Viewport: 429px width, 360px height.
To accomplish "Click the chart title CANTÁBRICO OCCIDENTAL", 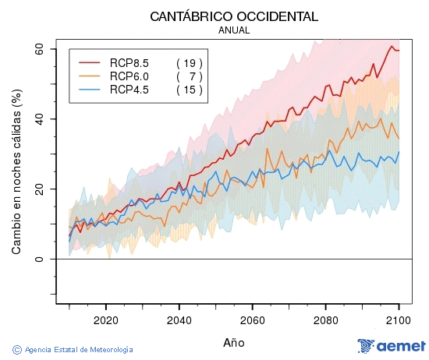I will click(234, 16).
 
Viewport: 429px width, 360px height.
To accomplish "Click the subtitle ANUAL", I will click(234, 30).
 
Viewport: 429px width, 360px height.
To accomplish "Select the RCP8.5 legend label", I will click(129, 62).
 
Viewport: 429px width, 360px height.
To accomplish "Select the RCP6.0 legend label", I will click(129, 76).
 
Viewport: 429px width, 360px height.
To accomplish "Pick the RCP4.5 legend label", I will click(129, 90).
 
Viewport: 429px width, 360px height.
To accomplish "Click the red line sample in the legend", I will click(90, 62).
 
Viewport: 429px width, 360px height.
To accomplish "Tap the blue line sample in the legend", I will click(90, 90).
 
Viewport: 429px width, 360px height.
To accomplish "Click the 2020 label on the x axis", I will click(105, 319).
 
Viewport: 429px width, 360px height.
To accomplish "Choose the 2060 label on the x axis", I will click(253, 319).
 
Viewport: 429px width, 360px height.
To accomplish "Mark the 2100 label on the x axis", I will click(399, 319).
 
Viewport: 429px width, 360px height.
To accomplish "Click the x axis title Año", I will click(234, 342).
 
